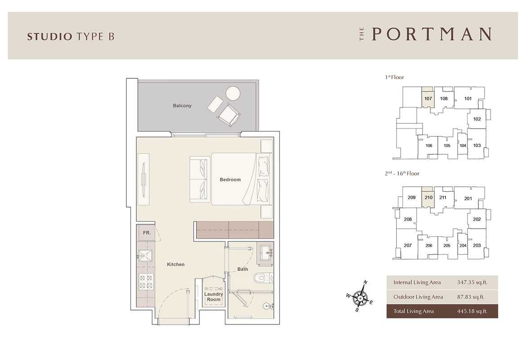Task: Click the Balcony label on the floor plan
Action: (182, 106)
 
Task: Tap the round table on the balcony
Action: (233, 94)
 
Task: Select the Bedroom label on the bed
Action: (230, 180)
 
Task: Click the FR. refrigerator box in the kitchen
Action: (147, 233)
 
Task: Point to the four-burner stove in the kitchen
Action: (146, 281)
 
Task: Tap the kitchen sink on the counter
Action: (146, 256)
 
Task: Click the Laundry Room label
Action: (214, 297)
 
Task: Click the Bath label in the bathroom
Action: (242, 269)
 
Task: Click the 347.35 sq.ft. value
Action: (472, 282)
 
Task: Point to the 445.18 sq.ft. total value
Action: (472, 311)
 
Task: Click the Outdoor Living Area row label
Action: (418, 297)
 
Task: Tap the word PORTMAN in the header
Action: (432, 34)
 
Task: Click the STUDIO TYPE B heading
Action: (71, 36)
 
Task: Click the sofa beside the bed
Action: (201, 179)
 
